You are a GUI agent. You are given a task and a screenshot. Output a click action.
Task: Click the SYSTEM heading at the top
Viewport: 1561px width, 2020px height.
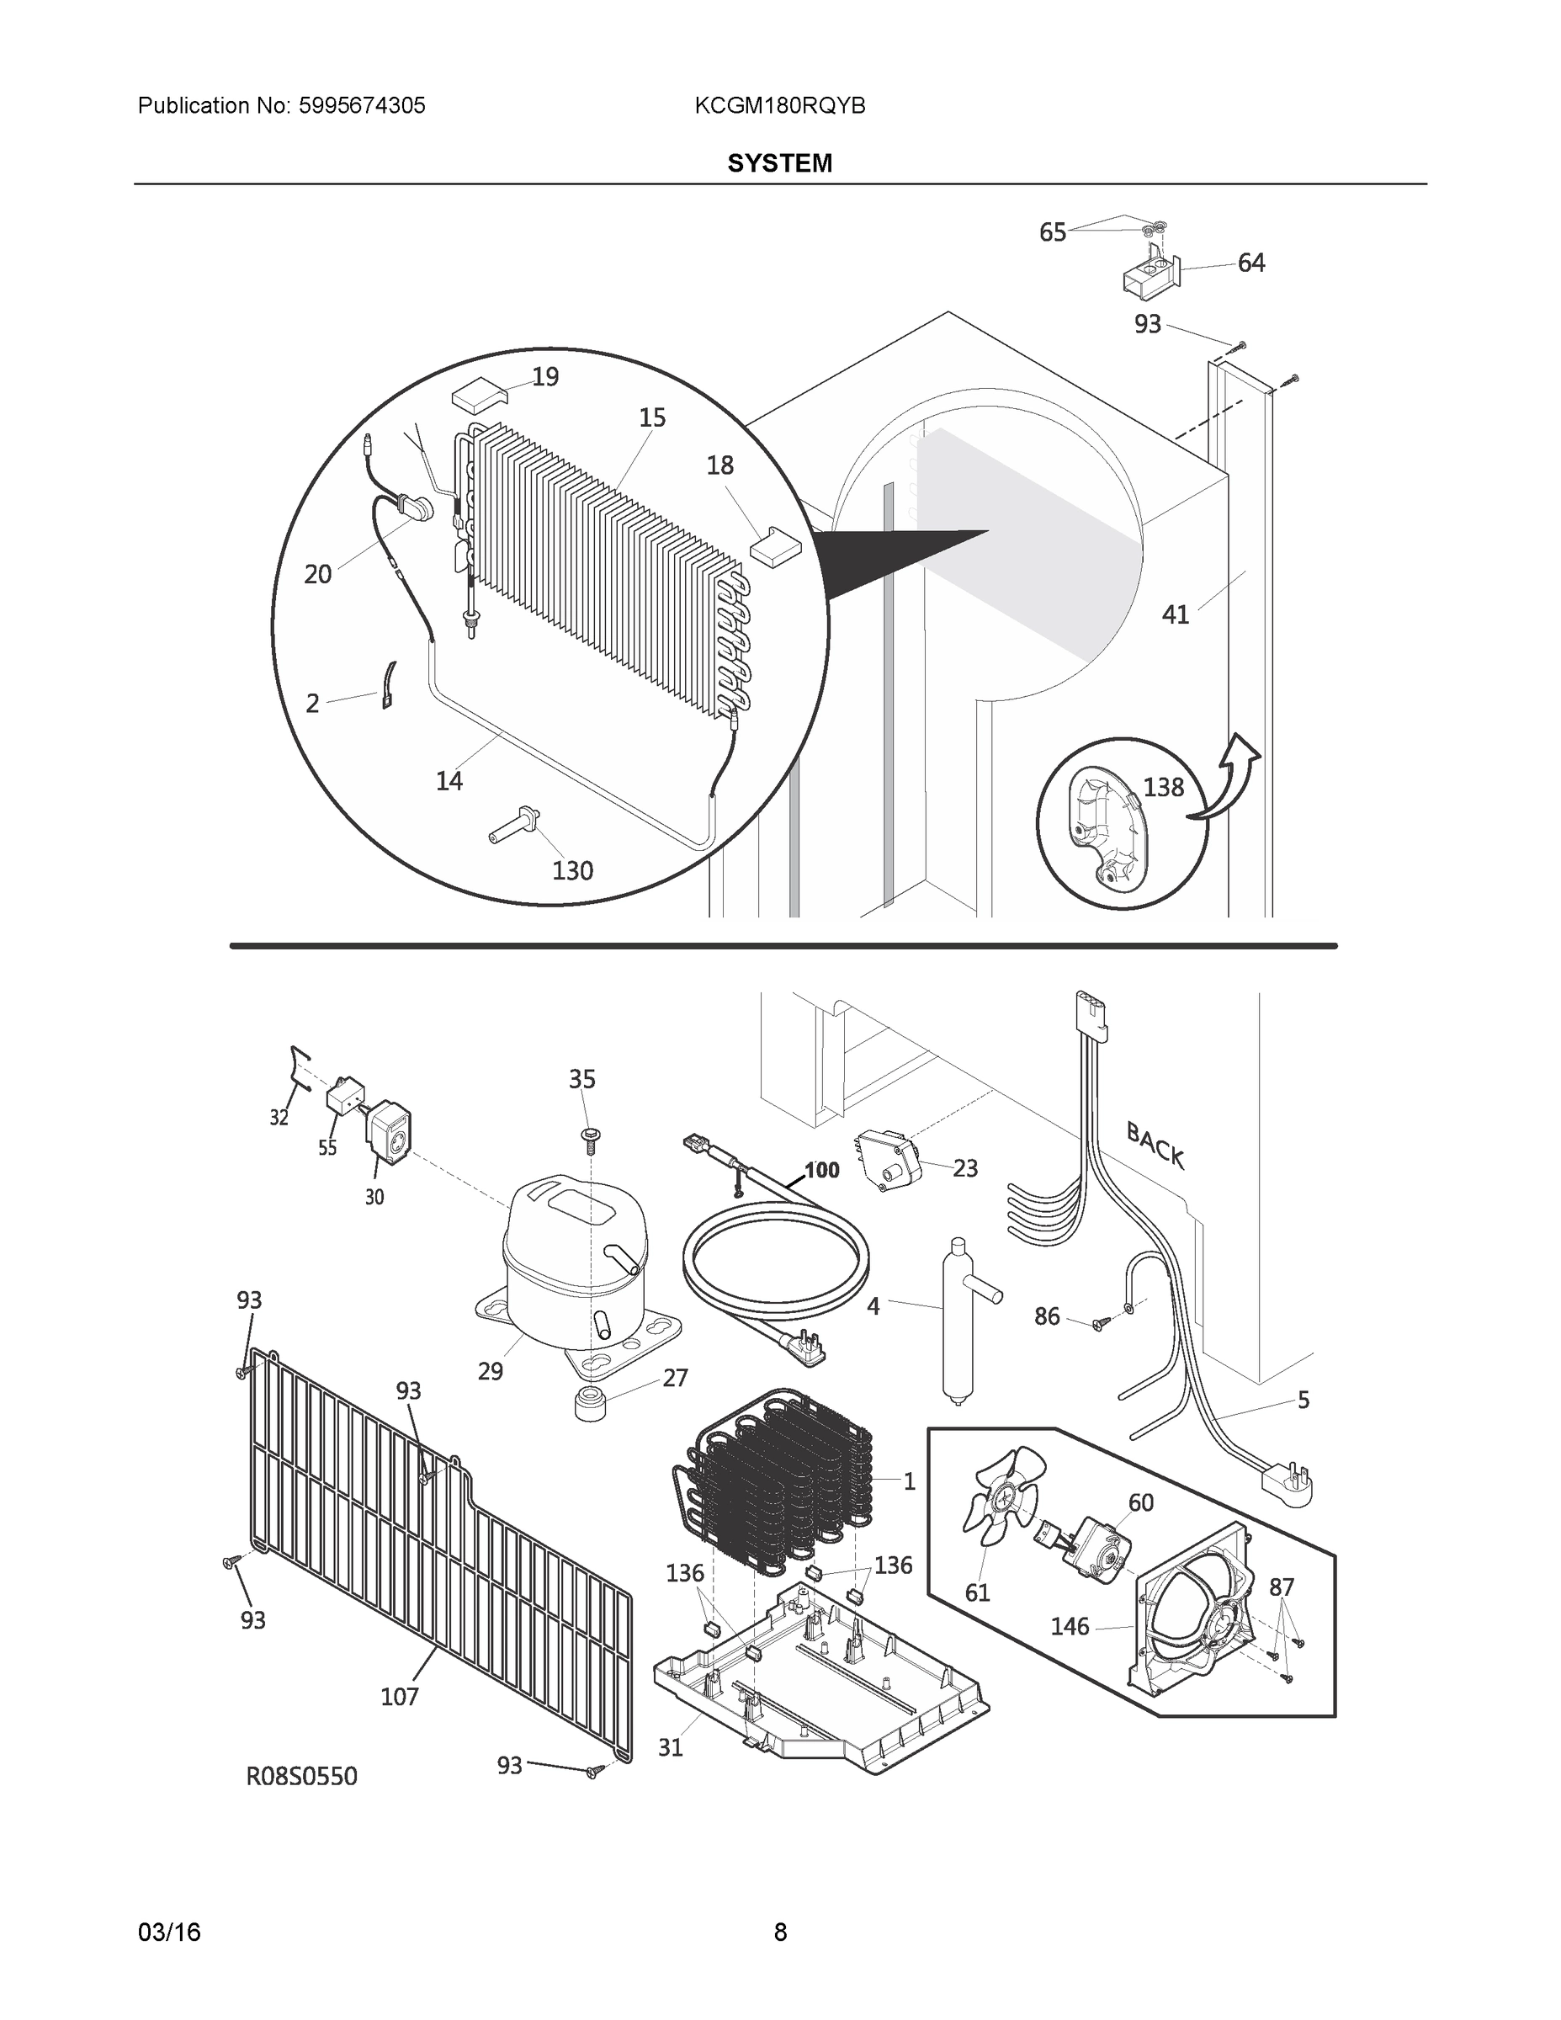coord(778,164)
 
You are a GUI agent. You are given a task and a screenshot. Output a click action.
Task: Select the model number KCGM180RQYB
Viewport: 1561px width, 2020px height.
coord(779,106)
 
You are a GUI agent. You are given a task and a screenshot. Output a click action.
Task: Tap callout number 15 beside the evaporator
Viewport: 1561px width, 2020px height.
coord(652,418)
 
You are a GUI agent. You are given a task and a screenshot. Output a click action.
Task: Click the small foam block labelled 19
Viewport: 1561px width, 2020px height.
coord(479,398)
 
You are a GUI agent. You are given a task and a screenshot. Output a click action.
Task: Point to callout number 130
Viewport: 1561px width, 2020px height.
coord(572,871)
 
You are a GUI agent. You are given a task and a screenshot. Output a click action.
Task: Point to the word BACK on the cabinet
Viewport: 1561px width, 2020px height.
coord(1155,1144)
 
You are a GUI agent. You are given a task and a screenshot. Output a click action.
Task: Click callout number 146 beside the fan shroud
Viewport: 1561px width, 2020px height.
coord(1070,1627)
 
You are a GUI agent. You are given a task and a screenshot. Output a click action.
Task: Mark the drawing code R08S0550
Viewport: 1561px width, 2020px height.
coord(300,1776)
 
